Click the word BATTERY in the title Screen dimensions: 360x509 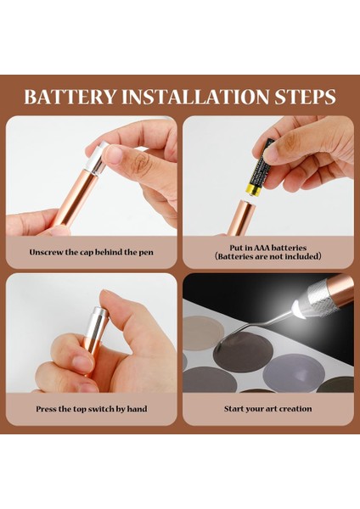click(70, 97)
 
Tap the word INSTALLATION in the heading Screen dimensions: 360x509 click(195, 97)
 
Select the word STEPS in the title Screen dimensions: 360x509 click(305, 97)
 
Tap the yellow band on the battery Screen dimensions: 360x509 click(253, 189)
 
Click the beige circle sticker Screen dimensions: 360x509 click(202, 333)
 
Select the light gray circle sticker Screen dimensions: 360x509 click(294, 372)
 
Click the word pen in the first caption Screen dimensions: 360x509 click(146, 253)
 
